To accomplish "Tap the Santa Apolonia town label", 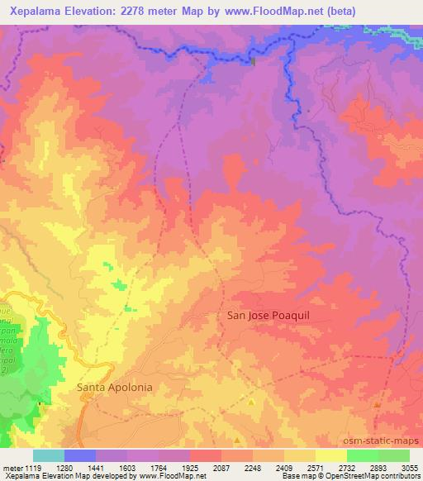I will click(x=115, y=386).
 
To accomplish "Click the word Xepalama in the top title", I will click(x=39, y=11).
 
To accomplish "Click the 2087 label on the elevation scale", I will click(x=221, y=467).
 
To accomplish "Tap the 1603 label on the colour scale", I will click(x=127, y=467).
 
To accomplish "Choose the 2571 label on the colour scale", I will click(x=316, y=467).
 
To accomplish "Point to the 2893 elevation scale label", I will click(x=378, y=467).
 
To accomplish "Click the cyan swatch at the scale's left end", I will click(x=48, y=455).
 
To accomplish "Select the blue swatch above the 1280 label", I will click(x=80, y=455).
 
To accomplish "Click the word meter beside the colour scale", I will click(x=10, y=467).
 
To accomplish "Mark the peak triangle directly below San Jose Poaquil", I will click(x=251, y=402).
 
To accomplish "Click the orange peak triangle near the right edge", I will click(x=377, y=405).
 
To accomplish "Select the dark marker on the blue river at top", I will click(x=253, y=60).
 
